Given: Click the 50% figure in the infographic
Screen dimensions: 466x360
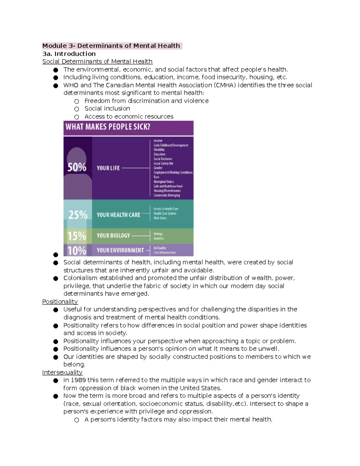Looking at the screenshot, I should click(x=77, y=167).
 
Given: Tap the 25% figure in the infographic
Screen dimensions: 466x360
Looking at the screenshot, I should click(x=78, y=215).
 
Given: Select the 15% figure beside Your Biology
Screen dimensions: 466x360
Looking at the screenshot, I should click(x=77, y=236).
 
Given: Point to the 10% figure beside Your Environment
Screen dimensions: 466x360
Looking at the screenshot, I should click(x=76, y=251).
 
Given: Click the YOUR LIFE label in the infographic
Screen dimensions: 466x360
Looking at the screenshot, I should click(x=108, y=168).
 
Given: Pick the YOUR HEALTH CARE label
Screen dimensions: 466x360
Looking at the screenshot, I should click(x=118, y=215).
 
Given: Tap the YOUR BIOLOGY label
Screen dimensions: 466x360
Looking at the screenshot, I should click(x=113, y=236).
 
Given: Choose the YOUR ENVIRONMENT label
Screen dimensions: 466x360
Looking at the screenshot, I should click(x=120, y=250).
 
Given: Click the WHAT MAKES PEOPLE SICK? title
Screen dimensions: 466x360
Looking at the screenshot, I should click(x=108, y=127).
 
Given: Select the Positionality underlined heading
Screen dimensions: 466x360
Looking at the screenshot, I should click(x=60, y=302).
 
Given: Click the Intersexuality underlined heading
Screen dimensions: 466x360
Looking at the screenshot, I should click(x=62, y=372).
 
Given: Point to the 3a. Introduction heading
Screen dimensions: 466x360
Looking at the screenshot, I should click(x=69, y=54).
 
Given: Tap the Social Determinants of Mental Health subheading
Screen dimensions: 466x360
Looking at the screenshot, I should click(x=97, y=62).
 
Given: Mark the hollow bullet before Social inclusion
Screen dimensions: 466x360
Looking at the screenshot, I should click(x=77, y=109).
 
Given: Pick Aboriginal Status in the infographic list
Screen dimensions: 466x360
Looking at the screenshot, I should click(x=163, y=182).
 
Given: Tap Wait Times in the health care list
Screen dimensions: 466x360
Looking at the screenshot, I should click(x=160, y=218).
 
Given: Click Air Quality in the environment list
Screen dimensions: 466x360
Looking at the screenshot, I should click(x=160, y=248).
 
